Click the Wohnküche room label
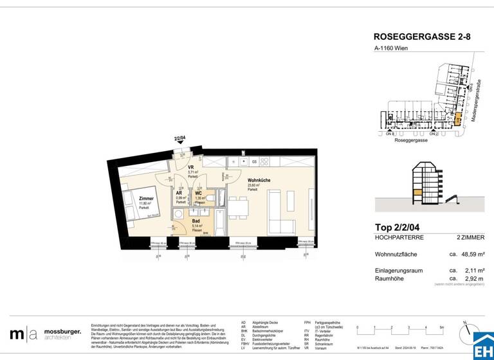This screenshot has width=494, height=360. (258, 181)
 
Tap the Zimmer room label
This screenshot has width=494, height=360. (146, 199)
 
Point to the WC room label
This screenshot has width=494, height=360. (199, 193)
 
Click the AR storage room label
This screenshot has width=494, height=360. (181, 193)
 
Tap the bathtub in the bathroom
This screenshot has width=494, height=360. (217, 222)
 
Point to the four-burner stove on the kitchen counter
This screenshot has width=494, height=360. (266, 161)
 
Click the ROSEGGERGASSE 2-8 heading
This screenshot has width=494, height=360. (421, 37)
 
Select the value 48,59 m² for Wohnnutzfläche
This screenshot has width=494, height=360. (472, 255)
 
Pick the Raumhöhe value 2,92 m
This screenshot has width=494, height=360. (474, 278)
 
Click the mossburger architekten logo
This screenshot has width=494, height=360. (45, 334)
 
